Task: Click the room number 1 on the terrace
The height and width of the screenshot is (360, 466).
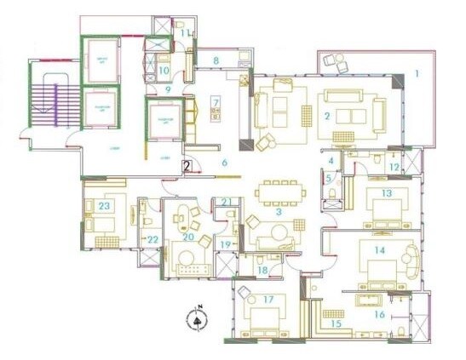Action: tap(417, 73)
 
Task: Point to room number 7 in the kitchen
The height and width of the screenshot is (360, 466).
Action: tap(216, 104)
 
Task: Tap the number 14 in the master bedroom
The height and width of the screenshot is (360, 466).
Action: tap(380, 249)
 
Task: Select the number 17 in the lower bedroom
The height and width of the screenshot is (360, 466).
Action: tap(268, 299)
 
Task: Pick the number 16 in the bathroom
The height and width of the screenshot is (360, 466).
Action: tap(379, 313)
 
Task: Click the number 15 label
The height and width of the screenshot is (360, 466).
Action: tap(336, 323)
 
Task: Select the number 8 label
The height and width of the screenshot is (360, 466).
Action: tap(216, 60)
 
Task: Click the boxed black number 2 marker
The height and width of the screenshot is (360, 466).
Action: tap(186, 166)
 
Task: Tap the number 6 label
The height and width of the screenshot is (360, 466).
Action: tap(225, 162)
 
